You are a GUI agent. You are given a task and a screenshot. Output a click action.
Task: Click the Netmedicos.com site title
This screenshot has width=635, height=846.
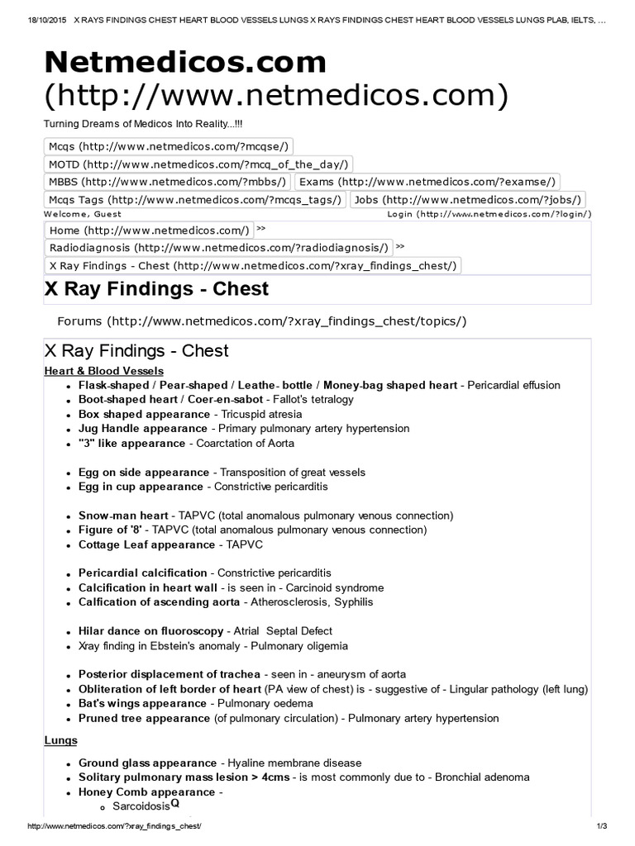[185, 63]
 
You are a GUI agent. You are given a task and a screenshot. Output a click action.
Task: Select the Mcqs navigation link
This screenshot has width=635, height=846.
[168, 146]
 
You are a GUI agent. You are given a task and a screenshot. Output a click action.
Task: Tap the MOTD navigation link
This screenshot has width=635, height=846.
[198, 164]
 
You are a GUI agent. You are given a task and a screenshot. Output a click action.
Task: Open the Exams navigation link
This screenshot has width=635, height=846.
[427, 182]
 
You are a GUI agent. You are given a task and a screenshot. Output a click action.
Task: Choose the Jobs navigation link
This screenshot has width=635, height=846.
[468, 199]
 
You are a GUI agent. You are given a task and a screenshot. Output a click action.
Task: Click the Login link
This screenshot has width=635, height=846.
[489, 214]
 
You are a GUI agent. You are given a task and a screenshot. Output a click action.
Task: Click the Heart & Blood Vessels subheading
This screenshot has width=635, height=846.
[104, 371]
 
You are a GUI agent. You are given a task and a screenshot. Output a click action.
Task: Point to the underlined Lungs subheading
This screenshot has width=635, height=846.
[61, 740]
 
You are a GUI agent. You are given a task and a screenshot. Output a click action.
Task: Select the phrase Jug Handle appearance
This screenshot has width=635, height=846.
[143, 429]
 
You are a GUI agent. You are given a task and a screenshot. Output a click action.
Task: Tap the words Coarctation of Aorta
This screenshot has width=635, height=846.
[246, 443]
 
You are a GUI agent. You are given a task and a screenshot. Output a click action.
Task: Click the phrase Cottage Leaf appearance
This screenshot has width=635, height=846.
[146, 544]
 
